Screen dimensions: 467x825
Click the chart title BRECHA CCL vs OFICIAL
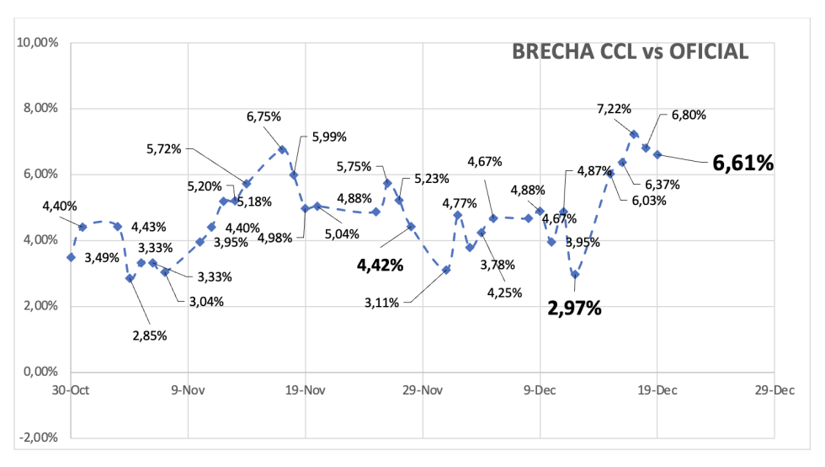click(x=630, y=52)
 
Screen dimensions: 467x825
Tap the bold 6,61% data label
click(x=742, y=163)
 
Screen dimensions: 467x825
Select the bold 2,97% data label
click(x=575, y=308)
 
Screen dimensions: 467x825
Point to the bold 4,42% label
click(x=381, y=265)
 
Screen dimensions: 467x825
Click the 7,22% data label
click(x=614, y=108)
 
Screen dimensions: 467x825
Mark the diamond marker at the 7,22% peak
click(x=634, y=134)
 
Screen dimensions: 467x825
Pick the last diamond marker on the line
click(x=657, y=154)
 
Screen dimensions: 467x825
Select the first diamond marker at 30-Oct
click(x=71, y=257)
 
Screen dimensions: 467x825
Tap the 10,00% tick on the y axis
click(x=36, y=42)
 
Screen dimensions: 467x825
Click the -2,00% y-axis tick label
click(x=36, y=437)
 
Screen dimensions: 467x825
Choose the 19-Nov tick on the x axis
click(x=305, y=390)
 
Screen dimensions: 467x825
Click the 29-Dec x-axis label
click(x=774, y=390)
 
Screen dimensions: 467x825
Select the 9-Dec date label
click(x=540, y=390)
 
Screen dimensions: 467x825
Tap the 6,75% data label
click(x=263, y=118)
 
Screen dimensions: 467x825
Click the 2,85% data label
click(x=149, y=335)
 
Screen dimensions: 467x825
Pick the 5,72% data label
click(x=164, y=149)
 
